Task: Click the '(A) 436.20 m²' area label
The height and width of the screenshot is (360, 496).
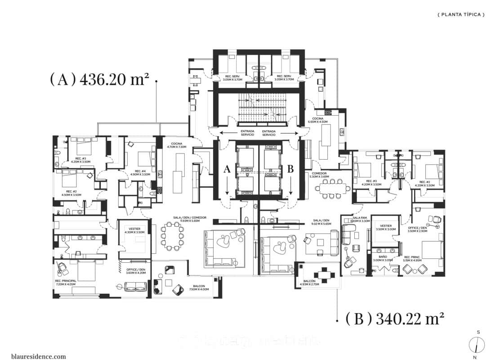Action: coord(99,80)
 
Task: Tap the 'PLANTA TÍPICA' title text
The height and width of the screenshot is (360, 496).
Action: coord(461,14)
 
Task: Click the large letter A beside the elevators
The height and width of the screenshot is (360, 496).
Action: coord(227,169)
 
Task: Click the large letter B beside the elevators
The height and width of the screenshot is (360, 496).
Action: coord(290,169)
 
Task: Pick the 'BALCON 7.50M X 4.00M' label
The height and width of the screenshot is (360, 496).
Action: coord(200,288)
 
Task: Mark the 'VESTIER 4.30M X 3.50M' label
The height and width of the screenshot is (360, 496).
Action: coord(134,230)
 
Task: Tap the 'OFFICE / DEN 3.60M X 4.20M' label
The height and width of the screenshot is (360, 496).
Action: coord(135,271)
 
